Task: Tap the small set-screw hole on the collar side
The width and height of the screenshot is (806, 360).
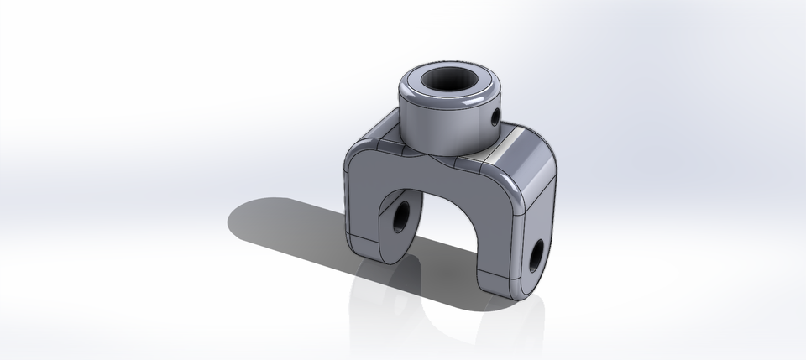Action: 495,117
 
